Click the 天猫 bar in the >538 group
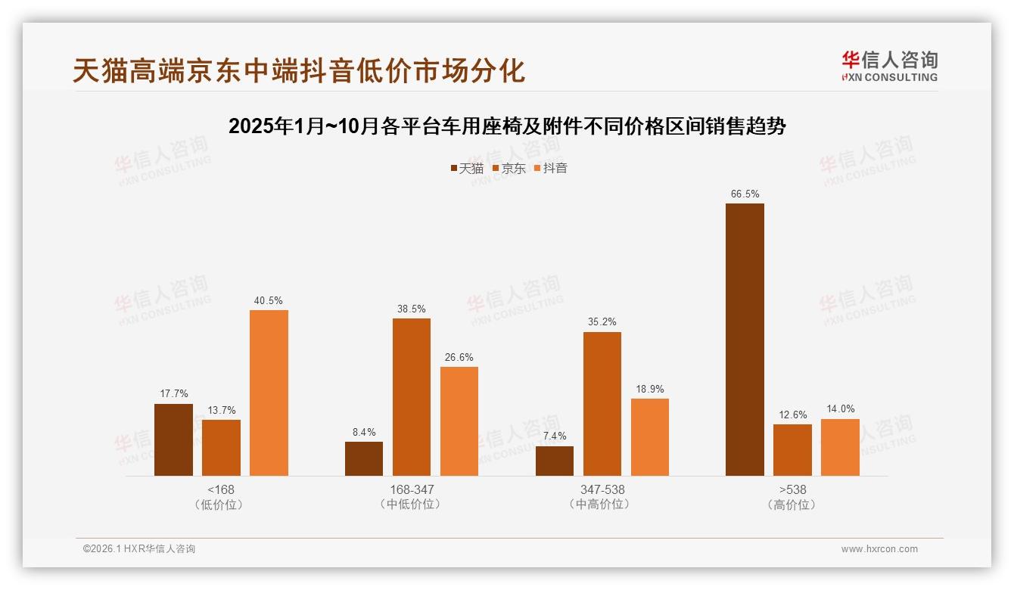[745, 340]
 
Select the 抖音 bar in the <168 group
[269, 393]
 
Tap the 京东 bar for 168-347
[411, 397]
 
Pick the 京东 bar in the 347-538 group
[602, 404]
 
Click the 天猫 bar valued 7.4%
[554, 461]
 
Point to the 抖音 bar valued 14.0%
[840, 447]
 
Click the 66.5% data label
[745, 194]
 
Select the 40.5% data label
[269, 300]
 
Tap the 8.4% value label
[363, 433]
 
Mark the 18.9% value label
[649, 390]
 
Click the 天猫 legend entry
[466, 168]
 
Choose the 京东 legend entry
[509, 168]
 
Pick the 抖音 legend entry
[551, 168]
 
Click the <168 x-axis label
[221, 489]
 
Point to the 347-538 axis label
[602, 489]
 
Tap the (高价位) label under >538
[792, 505]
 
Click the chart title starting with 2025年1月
[507, 126]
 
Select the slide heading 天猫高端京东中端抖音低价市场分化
[299, 71]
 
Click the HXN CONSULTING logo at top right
[889, 66]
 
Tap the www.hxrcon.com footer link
[879, 549]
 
